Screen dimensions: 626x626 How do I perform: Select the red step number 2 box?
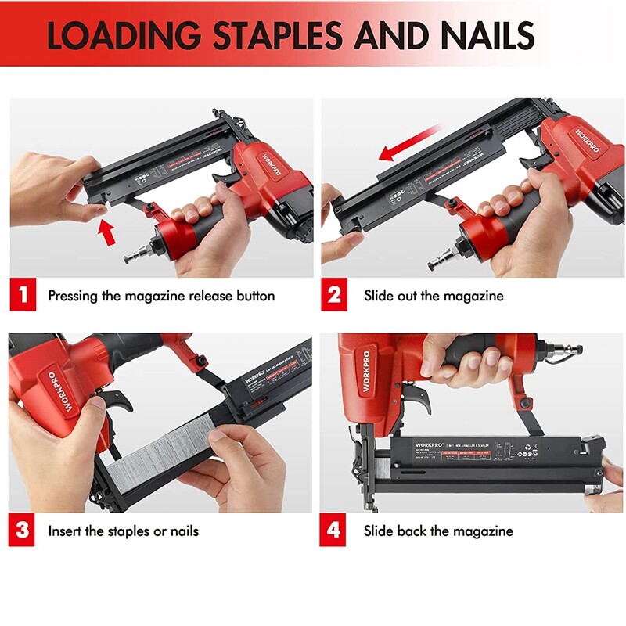334,296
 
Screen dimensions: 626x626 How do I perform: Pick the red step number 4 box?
334,531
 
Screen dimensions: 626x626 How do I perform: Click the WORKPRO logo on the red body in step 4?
366,368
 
